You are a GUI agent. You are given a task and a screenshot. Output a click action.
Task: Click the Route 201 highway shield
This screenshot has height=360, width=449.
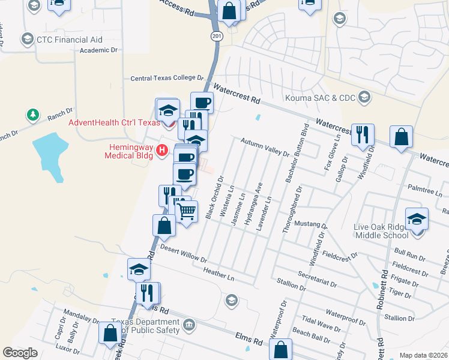click(x=216, y=37)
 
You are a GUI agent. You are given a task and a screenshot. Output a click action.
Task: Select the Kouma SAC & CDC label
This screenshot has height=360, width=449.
click(x=321, y=97)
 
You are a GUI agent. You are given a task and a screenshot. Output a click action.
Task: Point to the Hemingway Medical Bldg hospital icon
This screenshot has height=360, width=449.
click(x=161, y=150)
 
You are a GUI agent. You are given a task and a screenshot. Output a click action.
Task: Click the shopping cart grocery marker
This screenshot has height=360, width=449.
click(x=187, y=211)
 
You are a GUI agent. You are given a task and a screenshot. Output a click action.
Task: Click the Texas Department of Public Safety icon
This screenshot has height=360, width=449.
click(x=190, y=325)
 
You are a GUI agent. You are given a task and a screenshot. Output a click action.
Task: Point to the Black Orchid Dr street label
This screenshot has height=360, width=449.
click(x=214, y=197)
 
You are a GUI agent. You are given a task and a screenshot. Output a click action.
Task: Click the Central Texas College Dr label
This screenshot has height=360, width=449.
click(x=168, y=78)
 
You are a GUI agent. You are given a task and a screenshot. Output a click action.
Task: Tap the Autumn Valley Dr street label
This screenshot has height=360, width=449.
click(x=265, y=147)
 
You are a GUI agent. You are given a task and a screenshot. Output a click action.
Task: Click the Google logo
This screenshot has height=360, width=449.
click(x=20, y=353)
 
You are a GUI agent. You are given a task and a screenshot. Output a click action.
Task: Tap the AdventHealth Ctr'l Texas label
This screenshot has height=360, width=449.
click(x=114, y=122)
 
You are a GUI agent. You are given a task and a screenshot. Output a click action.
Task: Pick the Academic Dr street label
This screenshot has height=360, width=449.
click(x=100, y=50)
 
